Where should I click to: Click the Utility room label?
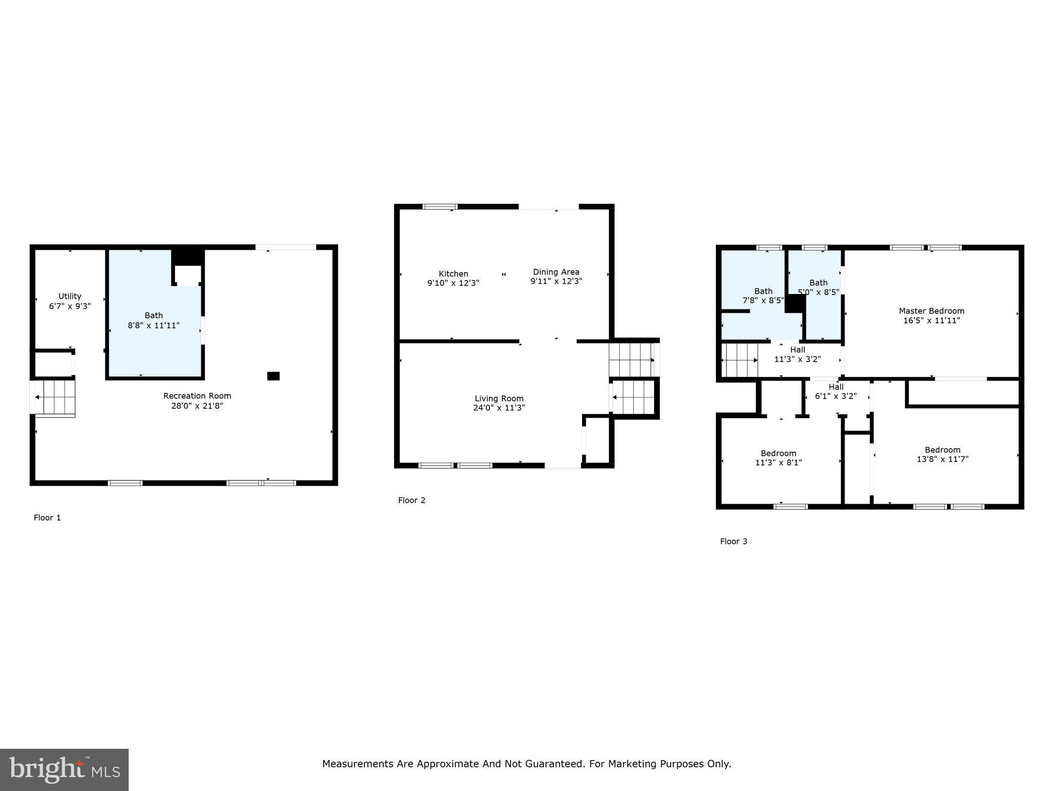tap(70, 297)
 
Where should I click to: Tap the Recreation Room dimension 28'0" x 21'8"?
tap(197, 406)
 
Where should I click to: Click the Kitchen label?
tap(453, 274)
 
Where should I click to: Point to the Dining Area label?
tap(556, 272)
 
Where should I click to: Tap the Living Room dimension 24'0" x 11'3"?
tap(499, 408)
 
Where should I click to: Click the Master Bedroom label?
tap(931, 311)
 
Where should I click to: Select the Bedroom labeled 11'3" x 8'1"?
tap(778, 458)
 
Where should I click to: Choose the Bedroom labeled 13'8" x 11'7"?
tap(942, 454)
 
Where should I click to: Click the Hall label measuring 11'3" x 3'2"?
tap(797, 355)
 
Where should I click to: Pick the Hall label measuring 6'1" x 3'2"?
tap(836, 392)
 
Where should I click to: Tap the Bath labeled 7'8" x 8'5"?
tap(763, 296)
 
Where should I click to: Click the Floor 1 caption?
tap(47, 518)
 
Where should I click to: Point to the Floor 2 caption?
tap(412, 500)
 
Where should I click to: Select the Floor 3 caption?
tap(733, 541)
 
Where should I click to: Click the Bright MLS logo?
tap(64, 769)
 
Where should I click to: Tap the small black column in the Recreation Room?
tap(273, 376)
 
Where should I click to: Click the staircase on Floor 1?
tap(55, 397)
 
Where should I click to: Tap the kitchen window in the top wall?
tap(440, 207)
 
